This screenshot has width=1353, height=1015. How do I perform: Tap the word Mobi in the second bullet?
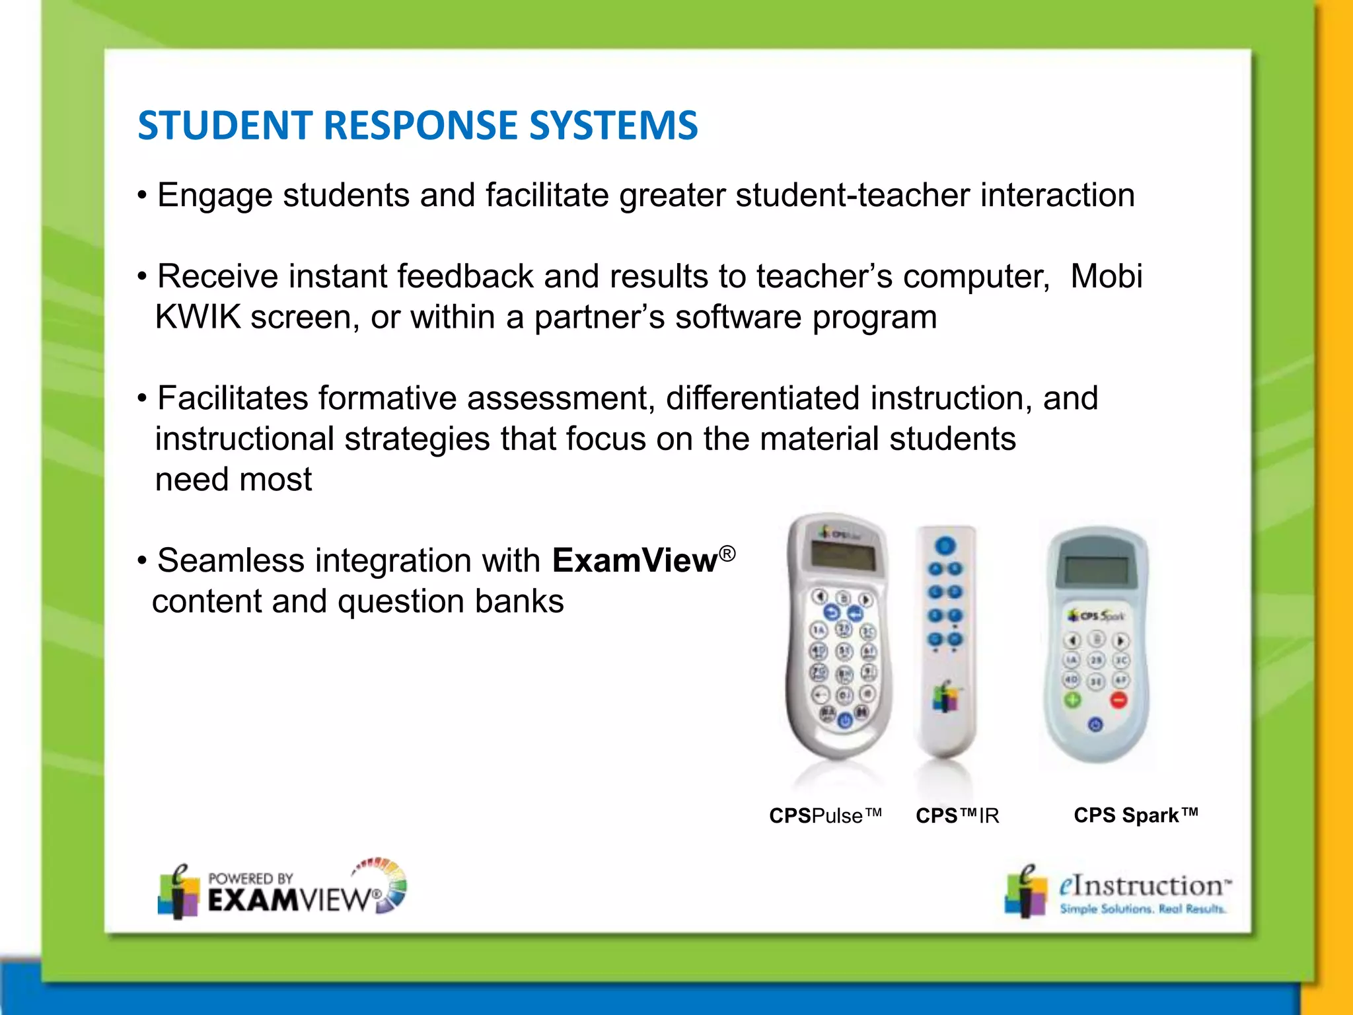point(1106,276)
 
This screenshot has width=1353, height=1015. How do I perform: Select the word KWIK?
point(198,317)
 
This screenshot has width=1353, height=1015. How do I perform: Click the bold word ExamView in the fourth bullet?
point(634,561)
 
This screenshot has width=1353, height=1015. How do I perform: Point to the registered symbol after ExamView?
point(727,553)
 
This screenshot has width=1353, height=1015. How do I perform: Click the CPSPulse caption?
point(825,816)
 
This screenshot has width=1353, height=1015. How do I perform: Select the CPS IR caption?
point(957,816)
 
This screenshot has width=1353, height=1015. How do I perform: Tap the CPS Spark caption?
point(1136,815)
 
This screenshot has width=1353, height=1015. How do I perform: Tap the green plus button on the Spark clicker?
point(1072,700)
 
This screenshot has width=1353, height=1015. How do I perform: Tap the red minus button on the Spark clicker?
point(1118,700)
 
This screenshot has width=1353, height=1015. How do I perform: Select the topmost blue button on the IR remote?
point(945,546)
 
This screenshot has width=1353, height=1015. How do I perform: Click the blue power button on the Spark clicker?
point(1095,725)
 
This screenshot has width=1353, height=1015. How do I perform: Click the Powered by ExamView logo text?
point(291,893)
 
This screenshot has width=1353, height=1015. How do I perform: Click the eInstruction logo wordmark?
point(1144,886)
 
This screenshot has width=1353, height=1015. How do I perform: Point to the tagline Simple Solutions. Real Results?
point(1142,909)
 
